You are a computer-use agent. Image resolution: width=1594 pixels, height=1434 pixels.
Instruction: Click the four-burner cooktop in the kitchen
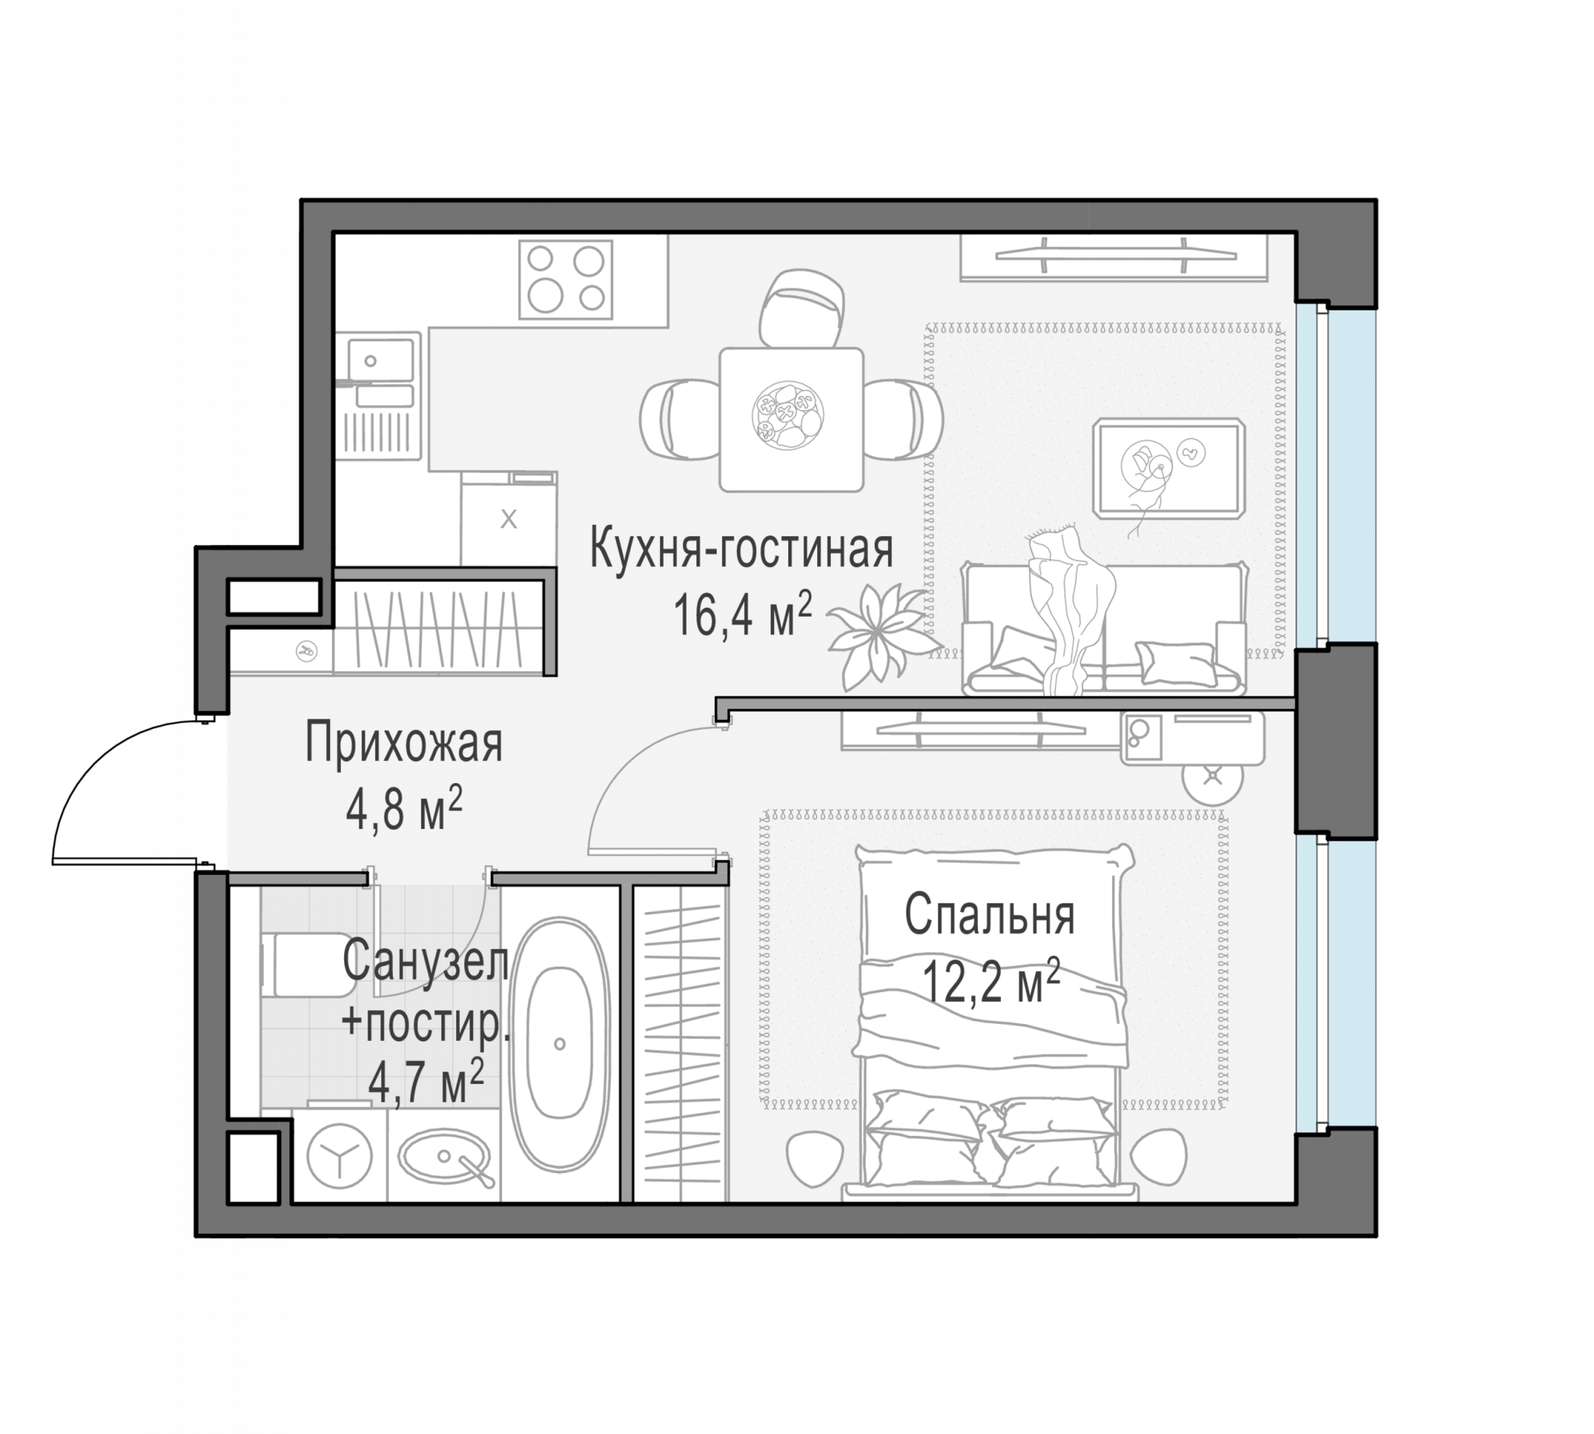(x=565, y=280)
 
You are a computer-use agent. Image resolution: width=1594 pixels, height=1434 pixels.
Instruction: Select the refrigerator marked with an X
(x=509, y=518)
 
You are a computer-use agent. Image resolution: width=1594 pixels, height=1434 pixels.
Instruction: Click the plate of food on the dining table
(x=789, y=416)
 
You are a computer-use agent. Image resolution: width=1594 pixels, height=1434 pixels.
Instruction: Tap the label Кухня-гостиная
(x=741, y=549)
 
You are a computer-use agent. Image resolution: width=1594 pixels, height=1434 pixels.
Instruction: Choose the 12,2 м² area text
(x=991, y=981)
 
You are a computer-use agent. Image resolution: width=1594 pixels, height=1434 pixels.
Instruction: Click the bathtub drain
(x=560, y=1044)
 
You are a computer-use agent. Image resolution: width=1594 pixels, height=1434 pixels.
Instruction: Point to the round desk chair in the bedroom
(x=1212, y=776)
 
